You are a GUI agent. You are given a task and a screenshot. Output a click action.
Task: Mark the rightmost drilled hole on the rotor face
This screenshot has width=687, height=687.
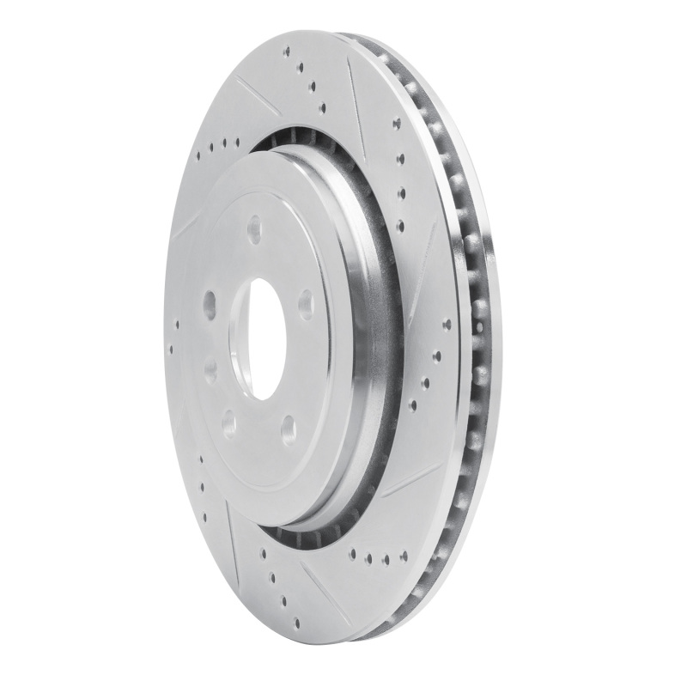[x=447, y=325]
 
